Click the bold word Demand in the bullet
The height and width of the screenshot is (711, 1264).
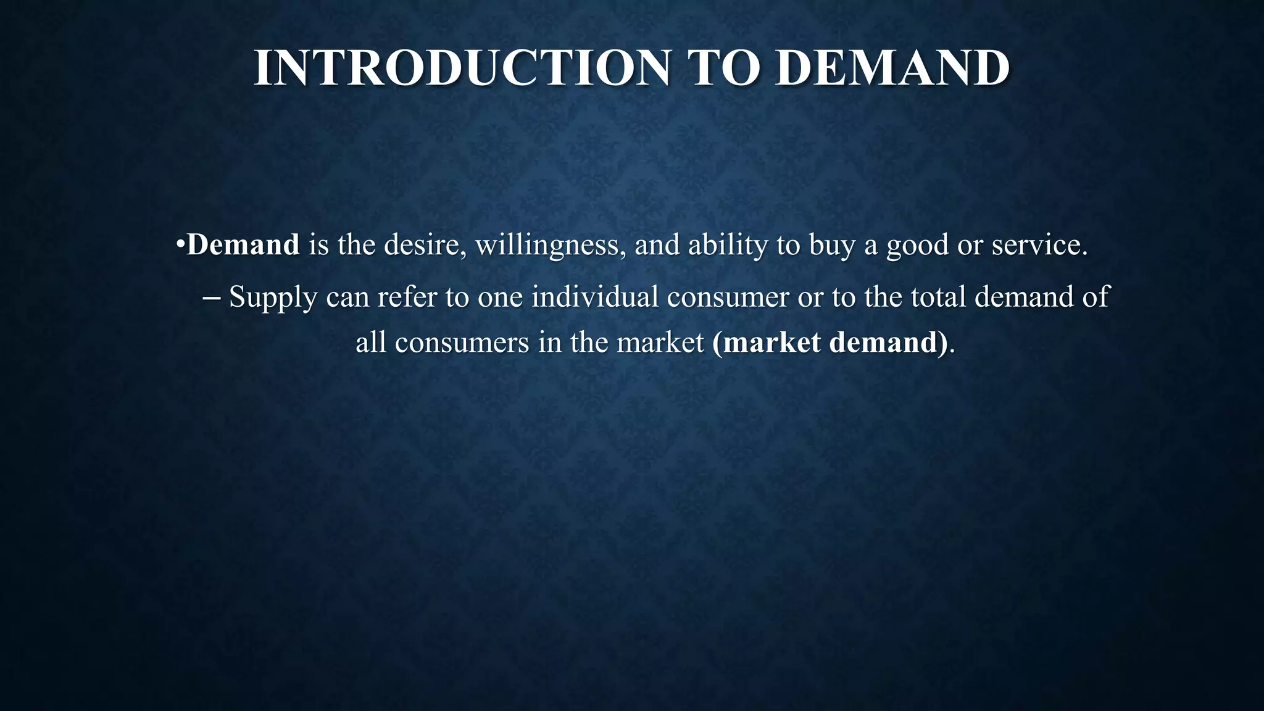243,244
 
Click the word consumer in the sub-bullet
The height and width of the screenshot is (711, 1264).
728,297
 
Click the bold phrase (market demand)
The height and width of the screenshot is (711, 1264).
829,343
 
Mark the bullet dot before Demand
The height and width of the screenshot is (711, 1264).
180,245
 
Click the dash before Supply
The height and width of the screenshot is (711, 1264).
212,297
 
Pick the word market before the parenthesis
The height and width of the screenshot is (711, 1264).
660,343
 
